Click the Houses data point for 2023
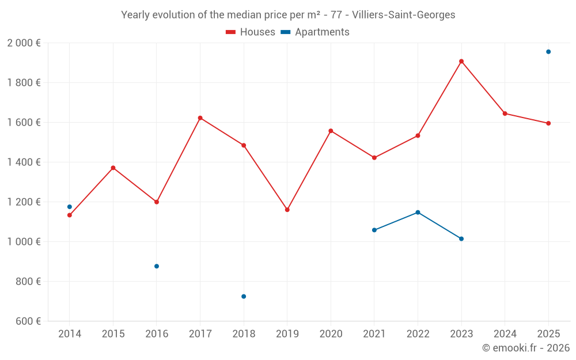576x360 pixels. coord(461,61)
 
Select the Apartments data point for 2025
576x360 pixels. coord(548,52)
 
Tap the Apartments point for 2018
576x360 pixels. coord(244,297)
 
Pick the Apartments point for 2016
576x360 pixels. coord(157,266)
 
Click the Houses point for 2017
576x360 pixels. coord(200,118)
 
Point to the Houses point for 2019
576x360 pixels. coord(287,210)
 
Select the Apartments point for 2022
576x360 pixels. coord(418,213)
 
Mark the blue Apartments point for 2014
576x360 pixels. coord(70,207)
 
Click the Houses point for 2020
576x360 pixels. coord(331,131)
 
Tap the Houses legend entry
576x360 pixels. coord(251,32)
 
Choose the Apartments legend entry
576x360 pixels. coord(315,32)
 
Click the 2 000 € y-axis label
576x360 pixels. coord(24,43)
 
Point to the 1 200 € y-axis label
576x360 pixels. coord(24,202)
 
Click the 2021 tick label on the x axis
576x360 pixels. coord(374,334)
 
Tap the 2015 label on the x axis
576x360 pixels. coord(113,334)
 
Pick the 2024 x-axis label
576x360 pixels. coord(505,334)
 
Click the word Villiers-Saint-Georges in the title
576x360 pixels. coord(403,15)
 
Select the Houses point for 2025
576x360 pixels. coord(548,123)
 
